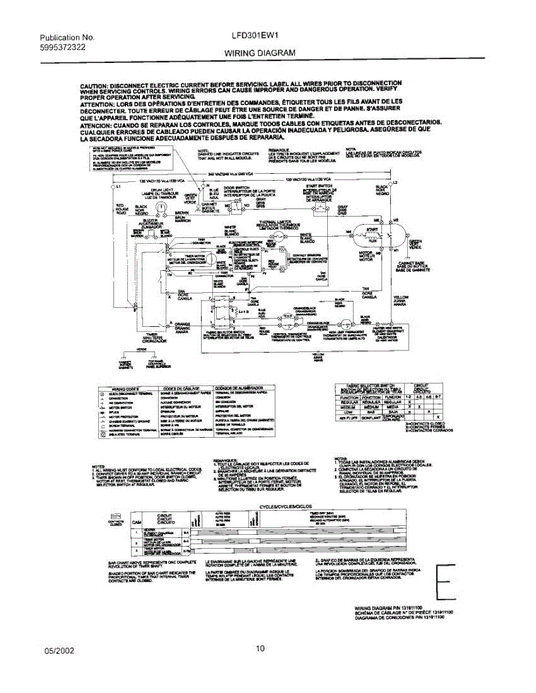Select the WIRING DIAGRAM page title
[x=260, y=53]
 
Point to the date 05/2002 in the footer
[x=60, y=650]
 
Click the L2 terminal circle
[x=389, y=184]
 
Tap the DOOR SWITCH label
[x=236, y=188]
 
